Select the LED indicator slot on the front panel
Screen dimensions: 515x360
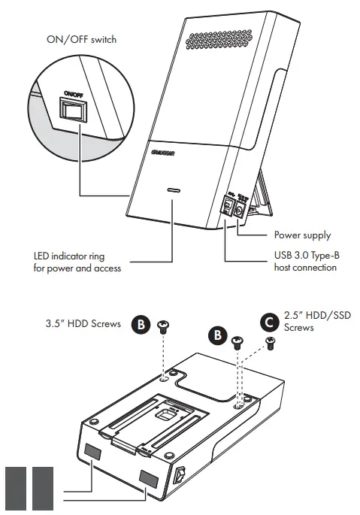174,192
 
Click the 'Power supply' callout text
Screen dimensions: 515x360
301,235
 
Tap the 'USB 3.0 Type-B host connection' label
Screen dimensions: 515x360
305,262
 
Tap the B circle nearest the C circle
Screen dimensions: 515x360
216,335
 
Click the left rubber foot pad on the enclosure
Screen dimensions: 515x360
93,452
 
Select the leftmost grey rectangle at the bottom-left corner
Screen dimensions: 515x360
15,489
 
